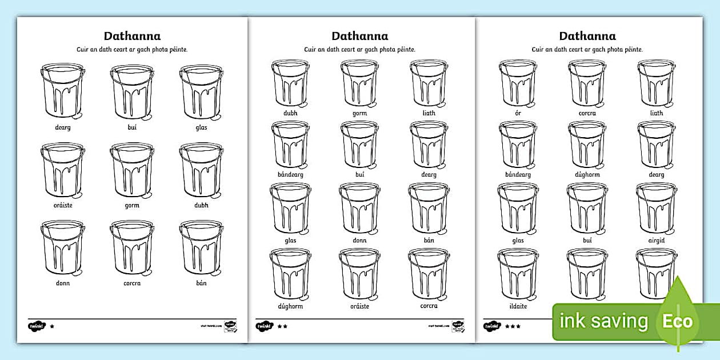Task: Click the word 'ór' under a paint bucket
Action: (x=518, y=113)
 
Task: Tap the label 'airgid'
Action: (x=657, y=241)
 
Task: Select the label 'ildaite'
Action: (x=518, y=306)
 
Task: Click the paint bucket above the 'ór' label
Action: (x=518, y=83)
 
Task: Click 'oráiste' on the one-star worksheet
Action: (x=63, y=205)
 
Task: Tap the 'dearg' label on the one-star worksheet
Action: (x=63, y=127)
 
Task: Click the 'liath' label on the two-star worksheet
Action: (x=429, y=113)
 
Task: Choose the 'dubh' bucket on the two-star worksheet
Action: (x=290, y=83)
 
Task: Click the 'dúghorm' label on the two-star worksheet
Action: (x=290, y=306)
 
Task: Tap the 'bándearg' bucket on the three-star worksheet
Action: (x=518, y=145)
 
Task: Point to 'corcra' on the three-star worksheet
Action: (x=587, y=113)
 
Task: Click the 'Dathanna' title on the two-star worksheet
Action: (x=360, y=37)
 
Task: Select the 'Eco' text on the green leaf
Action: (x=677, y=321)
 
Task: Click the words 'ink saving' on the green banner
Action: (x=605, y=321)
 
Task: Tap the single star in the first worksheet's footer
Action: (x=53, y=326)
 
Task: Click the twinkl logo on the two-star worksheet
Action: (x=264, y=326)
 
